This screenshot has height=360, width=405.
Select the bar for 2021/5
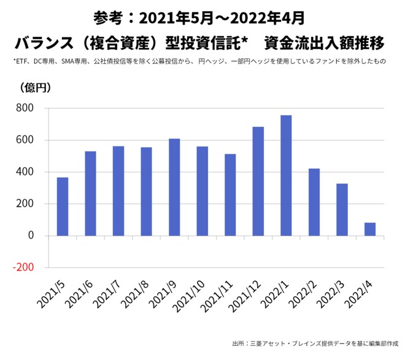pyautogui.click(x=63, y=207)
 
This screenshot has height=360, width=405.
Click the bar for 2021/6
pyautogui.click(x=90, y=193)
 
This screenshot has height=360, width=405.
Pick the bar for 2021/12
pyautogui.click(x=258, y=181)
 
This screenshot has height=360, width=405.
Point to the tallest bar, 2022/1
pyautogui.click(x=286, y=175)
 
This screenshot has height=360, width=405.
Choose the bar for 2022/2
pyautogui.click(x=314, y=202)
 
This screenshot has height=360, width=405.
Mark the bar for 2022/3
pyautogui.click(x=342, y=210)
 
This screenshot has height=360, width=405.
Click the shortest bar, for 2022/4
pyautogui.click(x=370, y=229)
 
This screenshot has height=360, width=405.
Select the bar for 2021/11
pyautogui.click(x=230, y=194)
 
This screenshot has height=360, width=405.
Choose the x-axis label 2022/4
pyautogui.click(x=361, y=294)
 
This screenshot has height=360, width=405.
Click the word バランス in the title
pyautogui.click(x=47, y=44)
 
